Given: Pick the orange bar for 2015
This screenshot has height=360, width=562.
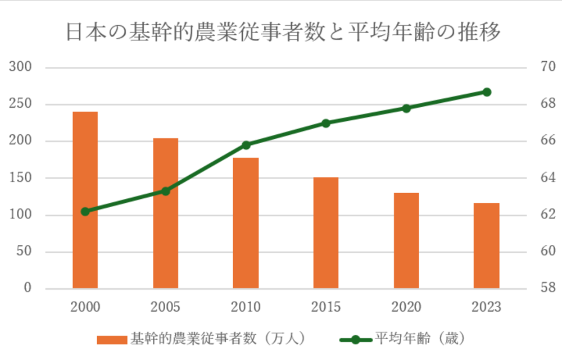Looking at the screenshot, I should pyautogui.click(x=326, y=233).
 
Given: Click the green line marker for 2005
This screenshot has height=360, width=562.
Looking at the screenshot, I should pyautogui.click(x=166, y=191).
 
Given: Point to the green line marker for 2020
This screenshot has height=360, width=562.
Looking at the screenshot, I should pyautogui.click(x=406, y=108).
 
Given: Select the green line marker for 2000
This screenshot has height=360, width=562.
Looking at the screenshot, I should pyautogui.click(x=85, y=212).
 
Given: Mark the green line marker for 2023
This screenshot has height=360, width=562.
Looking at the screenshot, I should pyautogui.click(x=487, y=92).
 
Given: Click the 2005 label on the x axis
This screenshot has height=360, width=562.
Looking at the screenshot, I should pyautogui.click(x=165, y=307).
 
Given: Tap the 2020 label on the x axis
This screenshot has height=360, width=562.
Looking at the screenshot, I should pyautogui.click(x=406, y=307).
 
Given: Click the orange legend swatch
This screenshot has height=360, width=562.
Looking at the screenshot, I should pyautogui.click(x=112, y=339).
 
